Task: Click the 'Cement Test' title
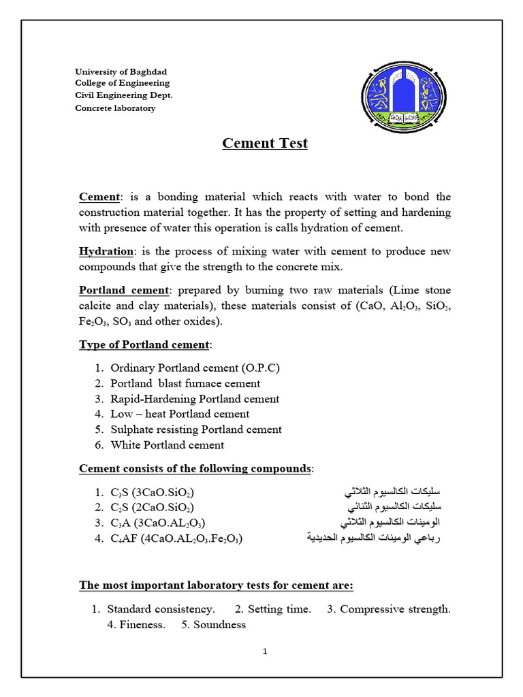pos(265,144)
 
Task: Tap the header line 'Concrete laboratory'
pos(115,108)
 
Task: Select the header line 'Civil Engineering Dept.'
pos(123,95)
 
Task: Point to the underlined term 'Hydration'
pos(106,252)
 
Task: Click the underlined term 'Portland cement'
pos(123,291)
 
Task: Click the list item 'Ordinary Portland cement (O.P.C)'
pos(195,368)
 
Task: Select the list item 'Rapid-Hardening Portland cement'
pos(195,399)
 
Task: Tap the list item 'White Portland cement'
pos(167,445)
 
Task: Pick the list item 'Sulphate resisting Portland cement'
pos(195,429)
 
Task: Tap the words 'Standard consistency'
pos(161,609)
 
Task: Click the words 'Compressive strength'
pos(395,609)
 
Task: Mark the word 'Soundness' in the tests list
pos(219,625)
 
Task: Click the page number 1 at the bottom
pos(265,651)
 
